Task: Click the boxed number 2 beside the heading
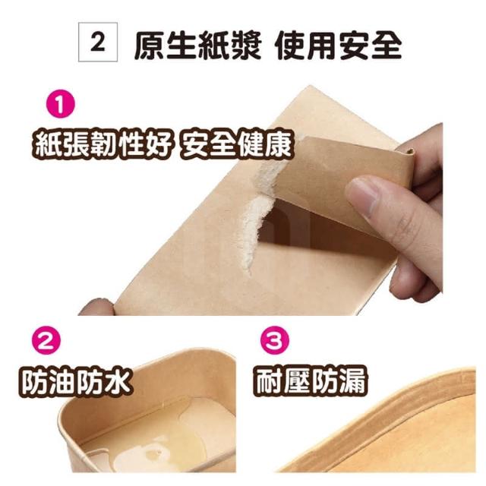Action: coord(98,43)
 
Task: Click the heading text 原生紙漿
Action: coord(198,45)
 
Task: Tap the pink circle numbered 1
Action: coord(61,103)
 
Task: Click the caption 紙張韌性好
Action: coord(103,144)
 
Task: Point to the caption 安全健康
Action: coord(236,144)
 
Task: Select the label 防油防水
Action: coord(74,381)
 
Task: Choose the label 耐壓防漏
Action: coord(311,380)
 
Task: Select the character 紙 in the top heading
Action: coord(214,45)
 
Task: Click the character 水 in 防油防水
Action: coord(117,381)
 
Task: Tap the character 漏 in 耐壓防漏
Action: coord(353,380)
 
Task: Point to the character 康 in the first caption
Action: coord(279,144)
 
